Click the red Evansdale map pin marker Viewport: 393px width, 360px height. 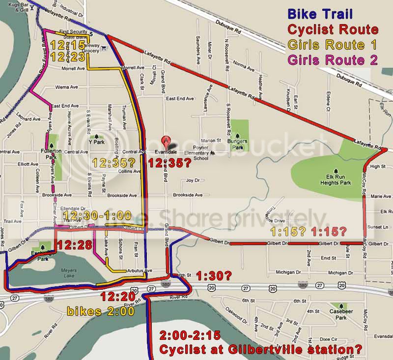click(168, 141)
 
